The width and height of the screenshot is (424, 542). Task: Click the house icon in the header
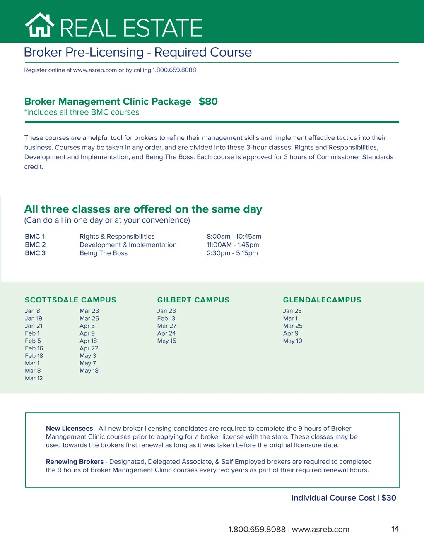[x=40, y=25]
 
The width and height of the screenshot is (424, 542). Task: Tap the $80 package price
[x=208, y=102]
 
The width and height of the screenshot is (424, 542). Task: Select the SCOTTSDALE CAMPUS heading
[x=70, y=300]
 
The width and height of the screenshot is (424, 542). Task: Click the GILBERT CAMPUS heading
[x=193, y=300]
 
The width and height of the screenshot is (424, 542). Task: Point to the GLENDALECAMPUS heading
[x=322, y=300]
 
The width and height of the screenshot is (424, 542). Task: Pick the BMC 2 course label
[x=35, y=245]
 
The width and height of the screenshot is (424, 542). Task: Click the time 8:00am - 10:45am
[x=234, y=237]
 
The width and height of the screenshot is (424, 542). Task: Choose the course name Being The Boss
[x=104, y=253]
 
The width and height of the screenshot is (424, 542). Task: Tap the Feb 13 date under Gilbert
[x=166, y=319]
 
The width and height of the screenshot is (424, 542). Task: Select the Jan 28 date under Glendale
[x=292, y=311]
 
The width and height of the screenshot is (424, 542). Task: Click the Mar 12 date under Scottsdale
[x=34, y=378]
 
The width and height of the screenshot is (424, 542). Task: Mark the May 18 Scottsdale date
[x=89, y=371]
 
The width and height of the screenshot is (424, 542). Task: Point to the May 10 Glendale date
[x=293, y=341]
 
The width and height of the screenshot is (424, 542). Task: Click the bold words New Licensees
[x=69, y=429]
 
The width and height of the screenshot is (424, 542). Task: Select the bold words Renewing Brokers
[x=75, y=462]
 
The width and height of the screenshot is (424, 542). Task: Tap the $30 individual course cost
[x=389, y=498]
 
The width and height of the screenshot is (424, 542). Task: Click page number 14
[x=395, y=529]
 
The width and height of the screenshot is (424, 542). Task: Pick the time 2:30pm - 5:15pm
[x=232, y=253]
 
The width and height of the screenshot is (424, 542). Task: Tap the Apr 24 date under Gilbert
[x=166, y=333]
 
